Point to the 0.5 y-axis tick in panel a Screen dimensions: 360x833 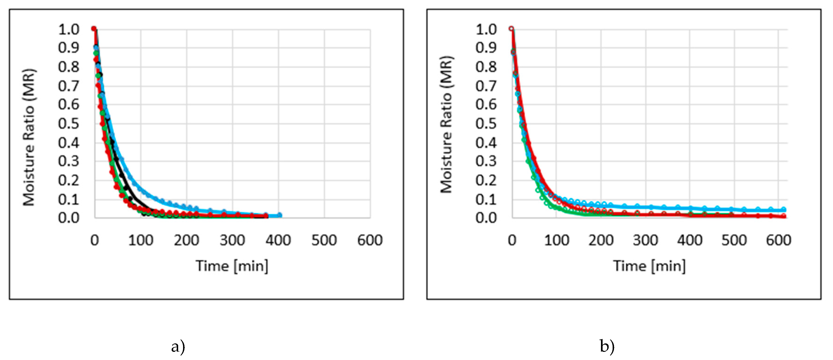click(x=69, y=124)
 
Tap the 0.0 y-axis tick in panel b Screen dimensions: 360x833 click(x=486, y=218)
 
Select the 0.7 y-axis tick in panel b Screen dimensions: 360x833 click(x=486, y=86)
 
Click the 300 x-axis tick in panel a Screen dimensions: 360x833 click(x=232, y=240)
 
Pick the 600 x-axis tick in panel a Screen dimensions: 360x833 click(x=370, y=240)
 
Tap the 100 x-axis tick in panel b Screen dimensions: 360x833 click(x=556, y=240)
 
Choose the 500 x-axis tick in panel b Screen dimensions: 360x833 click(x=734, y=240)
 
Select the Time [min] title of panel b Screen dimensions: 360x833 click(x=649, y=266)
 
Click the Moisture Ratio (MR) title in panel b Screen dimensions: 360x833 click(x=447, y=125)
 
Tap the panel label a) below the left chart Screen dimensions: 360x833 click(x=178, y=347)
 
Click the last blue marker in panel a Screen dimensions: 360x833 click(x=280, y=215)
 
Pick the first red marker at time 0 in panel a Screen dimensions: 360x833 click(x=94, y=28)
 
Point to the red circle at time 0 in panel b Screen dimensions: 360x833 click(x=511, y=28)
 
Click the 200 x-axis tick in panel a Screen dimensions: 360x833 click(x=186, y=240)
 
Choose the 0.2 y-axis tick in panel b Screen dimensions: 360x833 click(x=486, y=180)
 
